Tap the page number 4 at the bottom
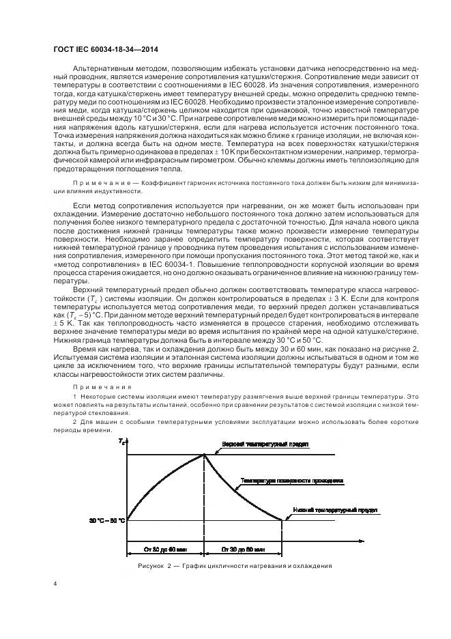(54, 584)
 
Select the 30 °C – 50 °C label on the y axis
(106, 521)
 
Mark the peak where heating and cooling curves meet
(205, 455)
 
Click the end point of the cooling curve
(282, 521)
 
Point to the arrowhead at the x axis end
(360, 541)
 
